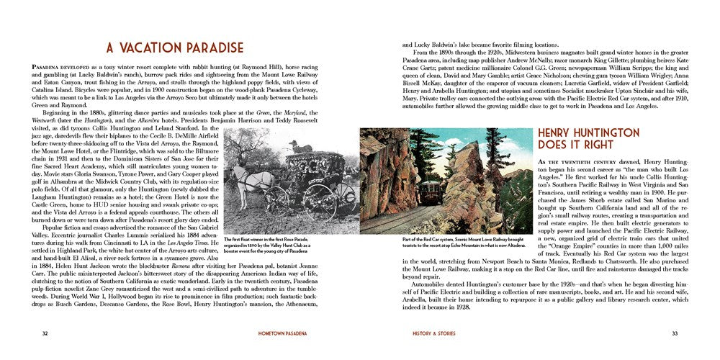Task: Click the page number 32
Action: (x=45, y=333)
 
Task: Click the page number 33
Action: (x=675, y=333)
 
